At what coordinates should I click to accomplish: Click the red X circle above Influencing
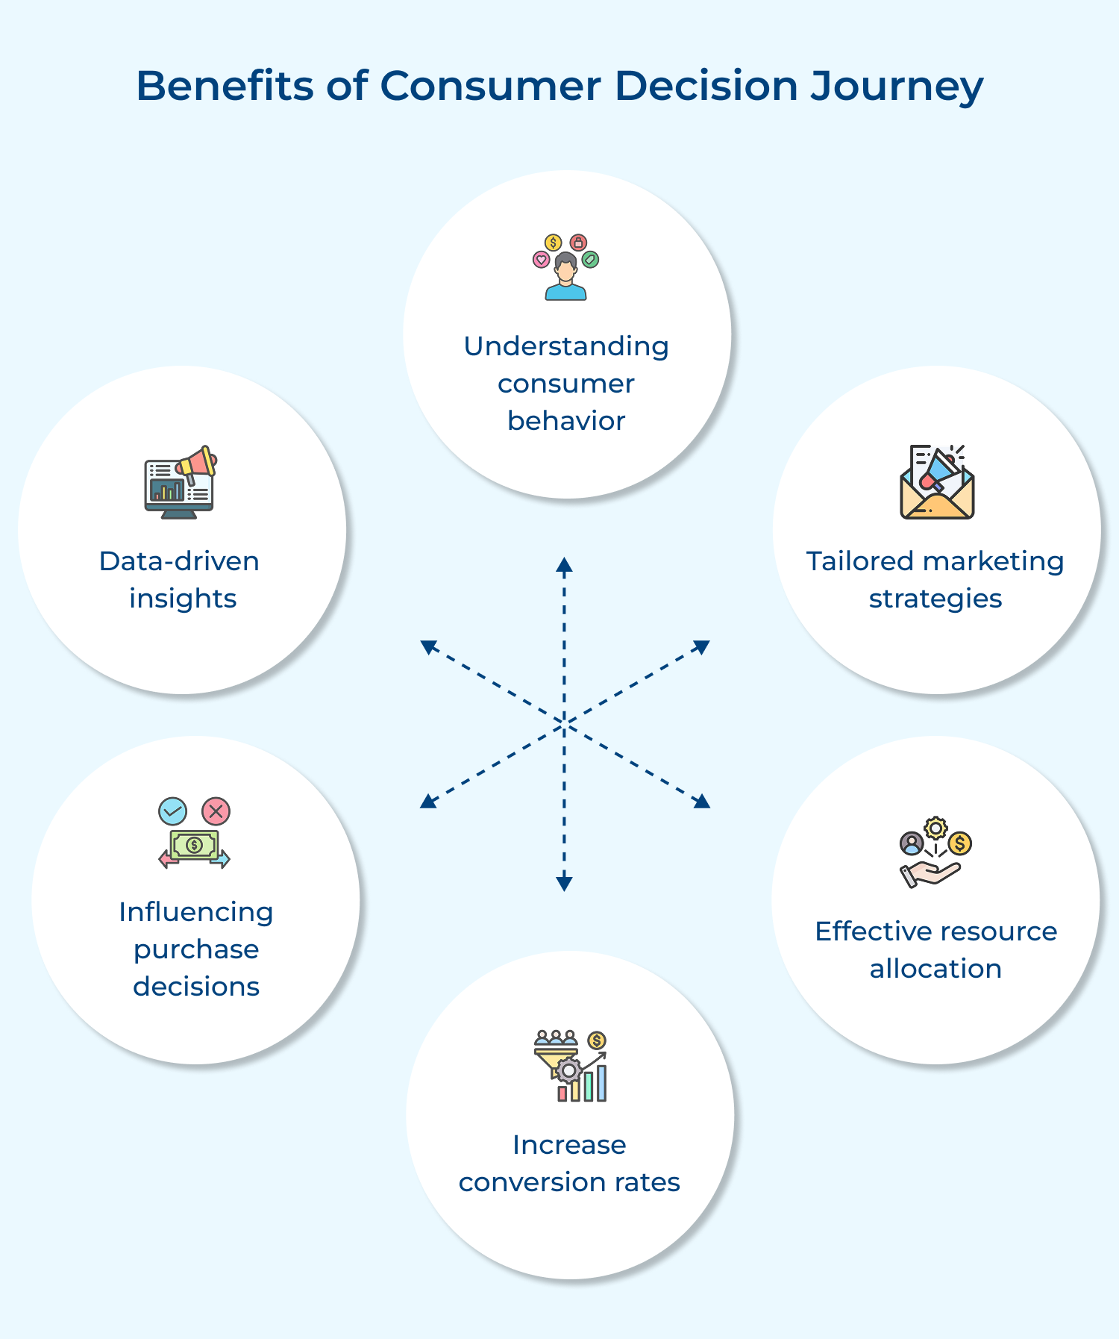click(x=216, y=811)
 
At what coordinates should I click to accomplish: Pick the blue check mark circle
click(x=173, y=811)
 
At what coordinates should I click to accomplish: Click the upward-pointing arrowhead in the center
click(x=564, y=565)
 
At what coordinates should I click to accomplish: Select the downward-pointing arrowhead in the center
click(x=564, y=883)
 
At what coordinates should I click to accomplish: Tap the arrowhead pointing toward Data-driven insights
click(x=428, y=647)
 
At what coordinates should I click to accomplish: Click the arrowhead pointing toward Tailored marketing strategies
click(x=701, y=646)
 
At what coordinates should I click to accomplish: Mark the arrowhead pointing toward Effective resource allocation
click(x=702, y=802)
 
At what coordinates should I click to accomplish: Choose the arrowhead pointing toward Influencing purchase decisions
click(x=427, y=802)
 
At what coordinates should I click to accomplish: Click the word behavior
click(x=566, y=421)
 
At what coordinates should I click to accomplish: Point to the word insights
click(x=183, y=599)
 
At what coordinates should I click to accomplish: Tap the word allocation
click(x=935, y=969)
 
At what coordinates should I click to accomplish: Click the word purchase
click(x=196, y=950)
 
